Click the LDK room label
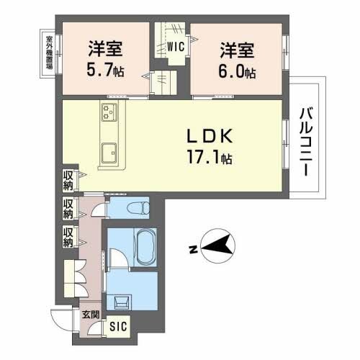(209, 138)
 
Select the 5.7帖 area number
(105, 71)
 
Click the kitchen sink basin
(110, 153)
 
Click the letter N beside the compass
(193, 249)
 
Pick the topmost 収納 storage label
(68, 179)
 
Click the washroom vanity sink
(118, 302)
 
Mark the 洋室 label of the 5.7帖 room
(105, 50)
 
